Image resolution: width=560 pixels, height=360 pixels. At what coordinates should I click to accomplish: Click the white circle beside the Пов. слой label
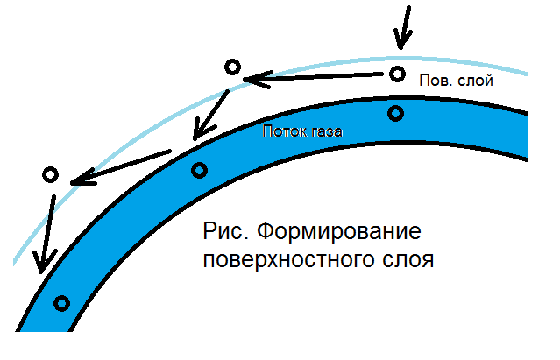(397, 74)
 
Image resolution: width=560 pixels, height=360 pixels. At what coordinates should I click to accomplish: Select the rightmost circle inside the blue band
(396, 112)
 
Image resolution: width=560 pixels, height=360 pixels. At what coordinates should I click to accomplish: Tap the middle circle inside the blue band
(200, 170)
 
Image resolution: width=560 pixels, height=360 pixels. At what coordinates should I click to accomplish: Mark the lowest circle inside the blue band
(61, 304)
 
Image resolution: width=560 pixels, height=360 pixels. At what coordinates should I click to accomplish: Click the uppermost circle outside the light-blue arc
(232, 67)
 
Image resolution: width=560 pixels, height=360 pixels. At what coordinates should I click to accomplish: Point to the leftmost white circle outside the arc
(50, 175)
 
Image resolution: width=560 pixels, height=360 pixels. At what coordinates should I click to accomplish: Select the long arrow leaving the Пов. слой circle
(315, 78)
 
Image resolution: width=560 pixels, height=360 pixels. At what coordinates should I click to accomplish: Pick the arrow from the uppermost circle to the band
(211, 109)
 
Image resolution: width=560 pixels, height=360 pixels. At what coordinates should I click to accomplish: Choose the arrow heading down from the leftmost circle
(46, 232)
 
